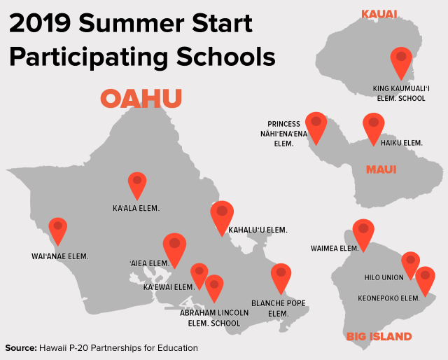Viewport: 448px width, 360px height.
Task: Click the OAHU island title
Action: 141,98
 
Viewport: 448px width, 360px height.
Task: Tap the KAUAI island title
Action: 379,14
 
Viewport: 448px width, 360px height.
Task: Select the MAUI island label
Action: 381,169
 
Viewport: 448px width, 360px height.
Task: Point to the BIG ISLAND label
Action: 379,337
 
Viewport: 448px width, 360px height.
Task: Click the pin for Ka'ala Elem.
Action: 137,185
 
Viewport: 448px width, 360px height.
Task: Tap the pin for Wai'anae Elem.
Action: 58,230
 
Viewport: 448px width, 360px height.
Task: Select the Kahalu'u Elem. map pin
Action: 222,217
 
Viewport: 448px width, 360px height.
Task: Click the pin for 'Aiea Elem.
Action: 174,249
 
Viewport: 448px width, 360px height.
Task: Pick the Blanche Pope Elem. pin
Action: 281,278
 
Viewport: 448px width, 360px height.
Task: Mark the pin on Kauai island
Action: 401,62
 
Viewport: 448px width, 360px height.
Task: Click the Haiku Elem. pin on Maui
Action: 373,128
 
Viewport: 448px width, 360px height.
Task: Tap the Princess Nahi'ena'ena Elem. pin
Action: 316,127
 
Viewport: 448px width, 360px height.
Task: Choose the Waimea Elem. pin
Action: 363,235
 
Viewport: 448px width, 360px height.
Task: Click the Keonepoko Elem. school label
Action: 389,298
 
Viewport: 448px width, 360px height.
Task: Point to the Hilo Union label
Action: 384,277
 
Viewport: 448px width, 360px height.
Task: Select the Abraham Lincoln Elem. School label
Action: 214,318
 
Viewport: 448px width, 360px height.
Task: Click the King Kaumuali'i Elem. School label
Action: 401,94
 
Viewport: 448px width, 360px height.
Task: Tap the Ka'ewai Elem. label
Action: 169,287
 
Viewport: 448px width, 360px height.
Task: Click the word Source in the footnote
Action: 21,348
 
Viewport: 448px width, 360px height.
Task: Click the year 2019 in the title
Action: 40,23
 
